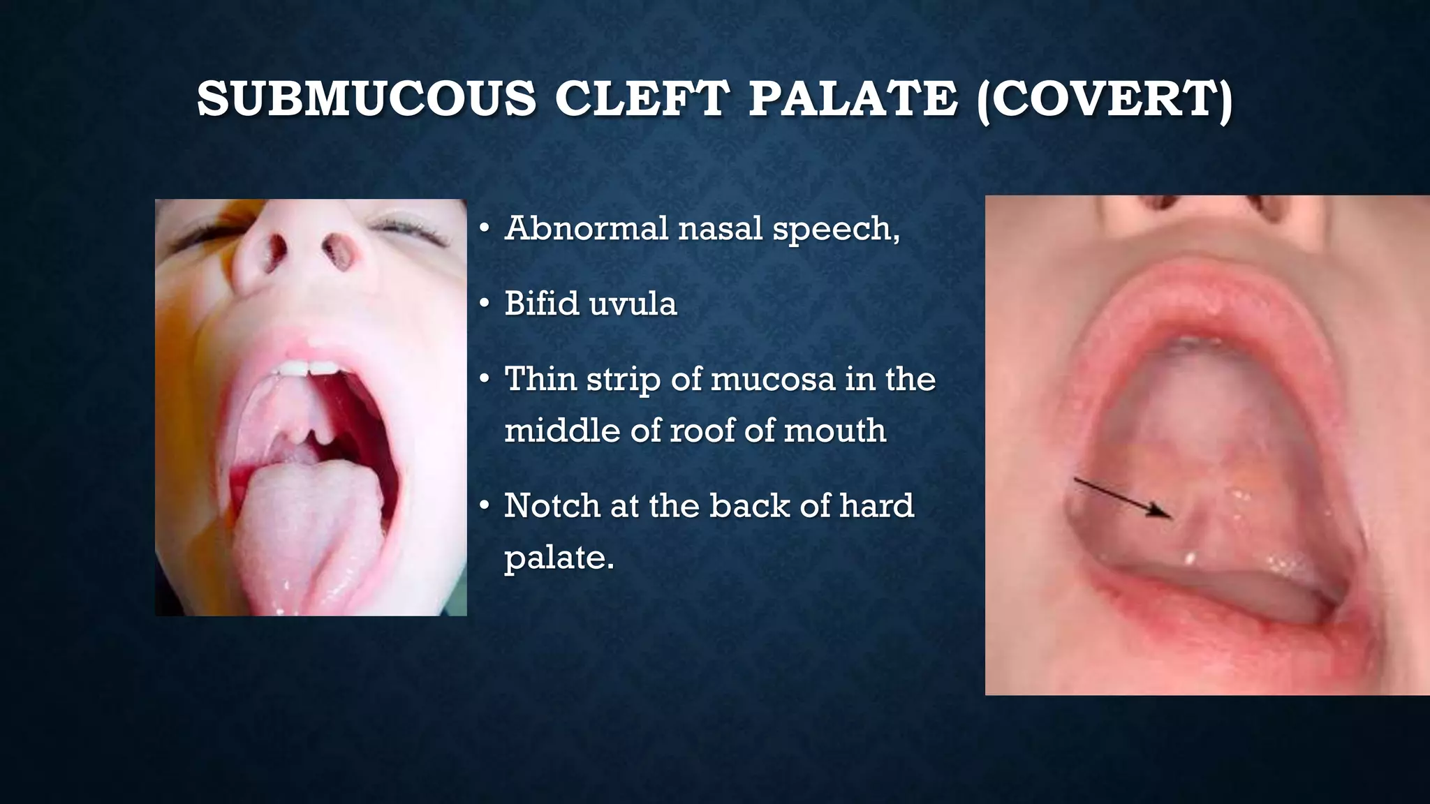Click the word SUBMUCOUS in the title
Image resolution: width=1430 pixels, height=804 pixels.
pos(367,98)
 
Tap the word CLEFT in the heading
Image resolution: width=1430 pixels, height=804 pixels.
pos(641,98)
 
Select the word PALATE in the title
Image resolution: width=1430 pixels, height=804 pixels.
pos(853,98)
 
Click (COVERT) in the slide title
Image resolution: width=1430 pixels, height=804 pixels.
pos(1104,98)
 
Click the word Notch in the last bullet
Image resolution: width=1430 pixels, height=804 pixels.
pos(552,505)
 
